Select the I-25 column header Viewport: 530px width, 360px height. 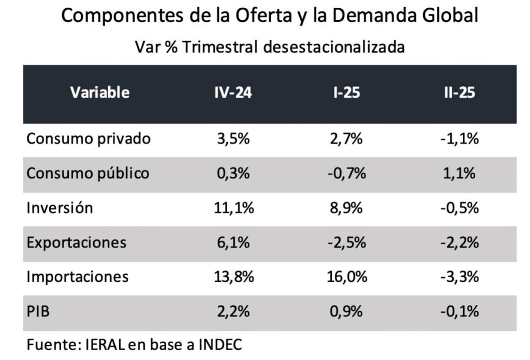pos(347,93)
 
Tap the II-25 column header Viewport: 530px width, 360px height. pos(459,93)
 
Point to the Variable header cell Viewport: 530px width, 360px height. pos(100,93)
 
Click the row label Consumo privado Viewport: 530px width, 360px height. pos(89,139)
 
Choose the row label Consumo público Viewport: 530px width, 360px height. pos(88,173)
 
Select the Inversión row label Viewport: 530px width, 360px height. pos(60,208)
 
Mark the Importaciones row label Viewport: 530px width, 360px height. pos(78,277)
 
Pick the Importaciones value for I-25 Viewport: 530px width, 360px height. pos(347,277)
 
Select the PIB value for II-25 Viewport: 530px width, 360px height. pos(459,311)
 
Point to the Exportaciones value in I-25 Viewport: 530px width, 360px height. pos(347,243)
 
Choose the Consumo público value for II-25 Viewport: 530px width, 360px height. pos(459,173)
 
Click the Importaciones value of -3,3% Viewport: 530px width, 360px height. pos(459,277)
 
